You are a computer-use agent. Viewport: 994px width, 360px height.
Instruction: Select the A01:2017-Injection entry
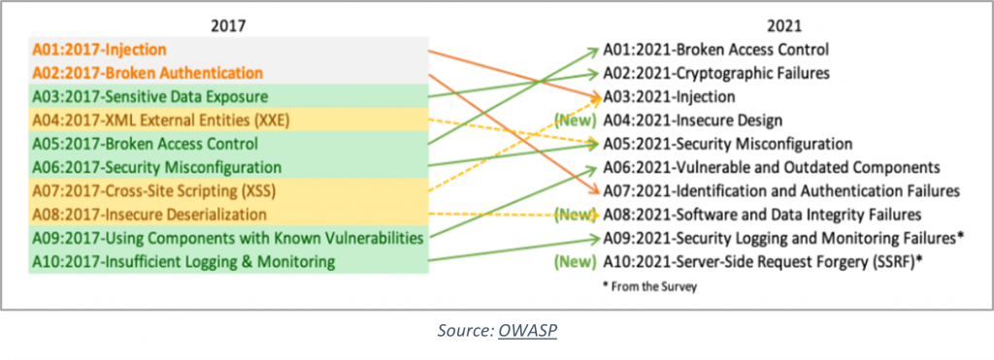(x=98, y=49)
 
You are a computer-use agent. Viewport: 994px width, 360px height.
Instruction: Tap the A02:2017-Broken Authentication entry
(x=147, y=73)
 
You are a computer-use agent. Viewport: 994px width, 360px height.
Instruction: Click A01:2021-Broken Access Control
(x=716, y=49)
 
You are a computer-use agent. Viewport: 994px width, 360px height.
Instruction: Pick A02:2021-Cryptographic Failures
(x=716, y=73)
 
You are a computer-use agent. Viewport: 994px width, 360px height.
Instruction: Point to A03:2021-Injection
(x=669, y=96)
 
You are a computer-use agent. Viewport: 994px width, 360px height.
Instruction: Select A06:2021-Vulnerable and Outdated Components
(x=772, y=167)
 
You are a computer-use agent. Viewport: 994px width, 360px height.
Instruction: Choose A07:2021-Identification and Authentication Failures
(x=781, y=191)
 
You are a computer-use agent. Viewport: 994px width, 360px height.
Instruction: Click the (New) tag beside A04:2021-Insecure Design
(x=574, y=120)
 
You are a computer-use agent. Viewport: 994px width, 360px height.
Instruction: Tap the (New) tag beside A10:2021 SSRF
(x=574, y=261)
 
